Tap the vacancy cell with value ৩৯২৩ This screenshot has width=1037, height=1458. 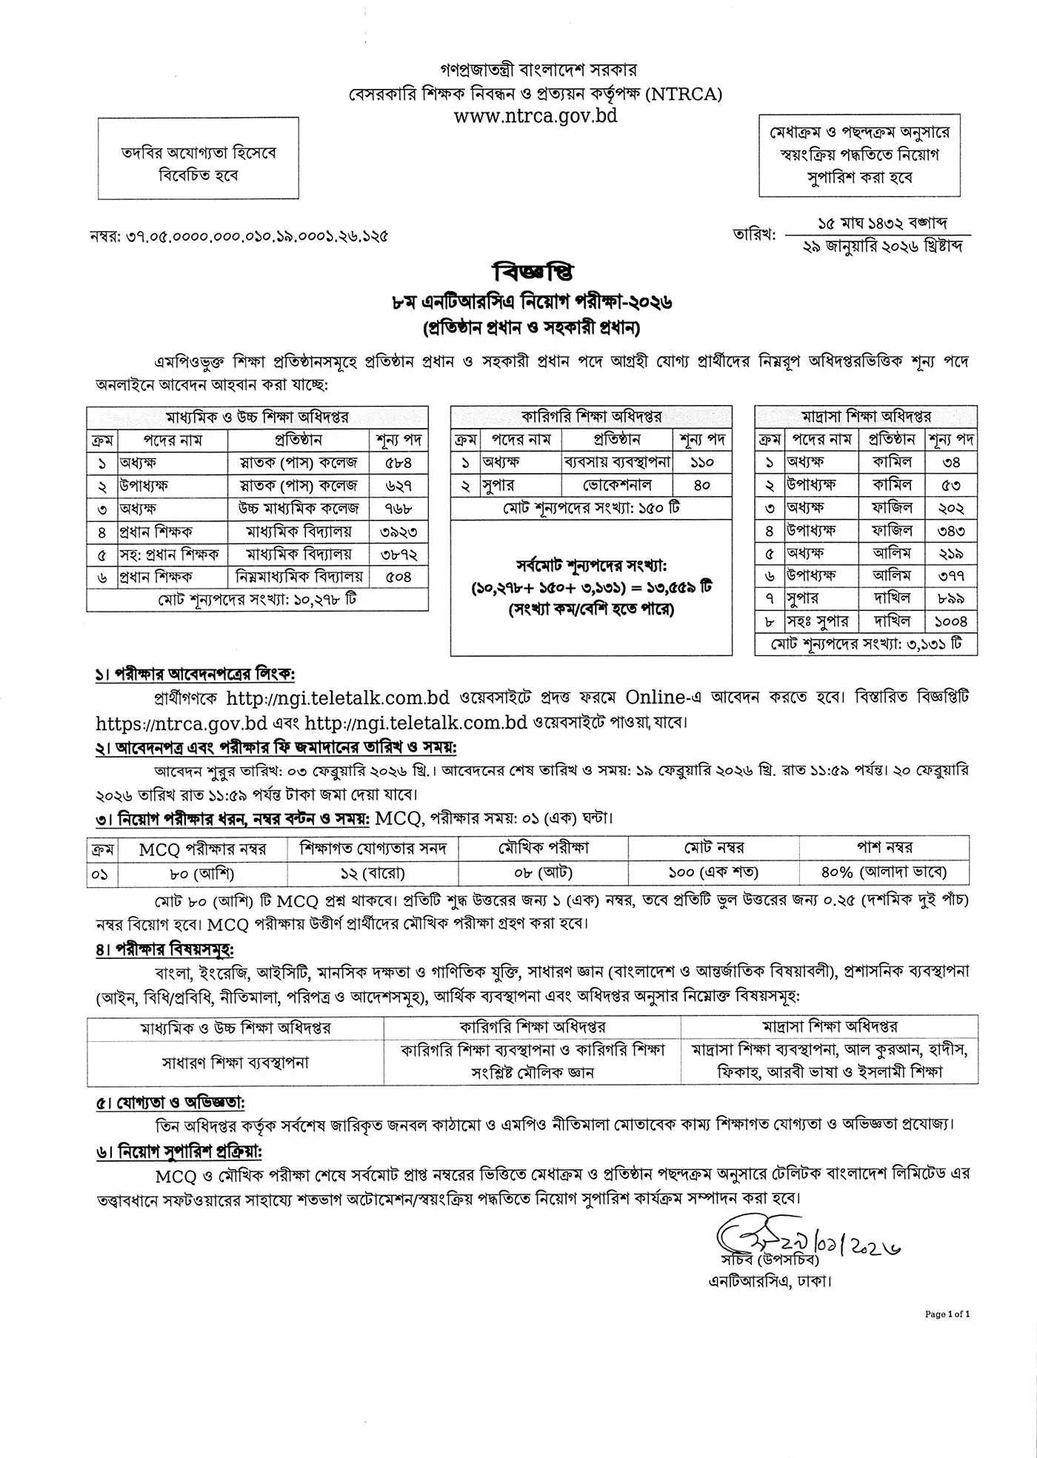tap(399, 532)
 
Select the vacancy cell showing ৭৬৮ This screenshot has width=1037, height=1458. tap(399, 509)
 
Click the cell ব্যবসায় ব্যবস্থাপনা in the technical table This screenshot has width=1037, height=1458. tap(617, 462)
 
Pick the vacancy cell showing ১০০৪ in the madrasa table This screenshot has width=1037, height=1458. tap(951, 621)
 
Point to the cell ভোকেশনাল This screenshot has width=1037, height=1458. tap(617, 485)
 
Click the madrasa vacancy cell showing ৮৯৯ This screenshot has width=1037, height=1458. tap(951, 598)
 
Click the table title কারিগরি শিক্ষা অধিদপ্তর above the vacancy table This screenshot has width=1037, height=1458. tap(591, 417)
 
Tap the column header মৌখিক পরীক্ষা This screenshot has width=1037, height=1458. tap(543, 848)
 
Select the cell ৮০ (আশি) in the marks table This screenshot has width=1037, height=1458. tap(201, 873)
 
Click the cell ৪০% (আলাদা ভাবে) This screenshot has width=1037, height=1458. tap(884, 873)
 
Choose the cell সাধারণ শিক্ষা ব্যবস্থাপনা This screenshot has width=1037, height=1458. tap(235, 1063)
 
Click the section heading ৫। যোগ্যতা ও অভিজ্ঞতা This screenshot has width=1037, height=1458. tap(170, 1103)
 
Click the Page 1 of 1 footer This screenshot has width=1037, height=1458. tap(947, 1314)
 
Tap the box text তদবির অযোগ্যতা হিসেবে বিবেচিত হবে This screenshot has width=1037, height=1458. tap(199, 164)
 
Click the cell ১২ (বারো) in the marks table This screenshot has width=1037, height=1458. tap(373, 873)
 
